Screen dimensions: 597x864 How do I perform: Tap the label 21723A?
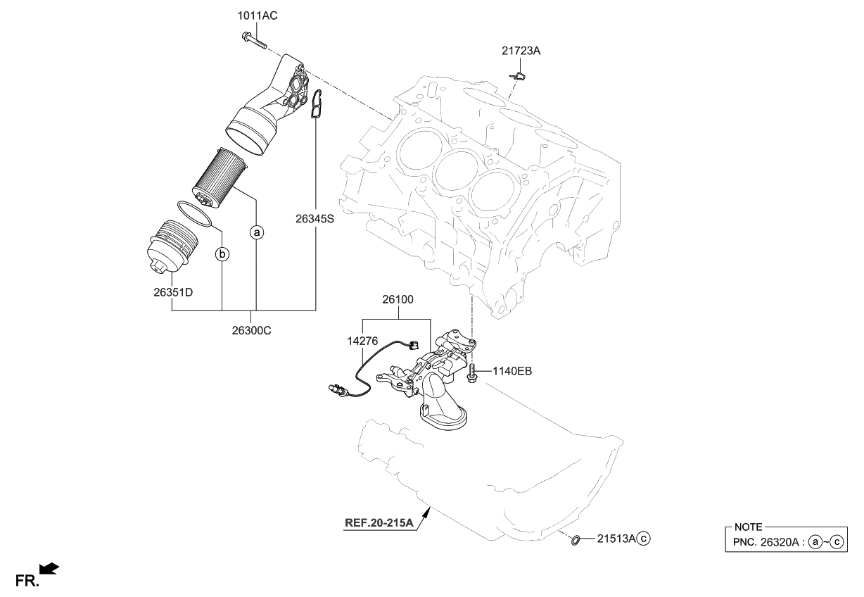521,51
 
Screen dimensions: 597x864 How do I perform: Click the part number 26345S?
315,219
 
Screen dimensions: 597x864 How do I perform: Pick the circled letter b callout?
222,253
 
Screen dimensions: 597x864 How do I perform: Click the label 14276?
362,340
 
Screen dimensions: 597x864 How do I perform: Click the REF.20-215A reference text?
379,523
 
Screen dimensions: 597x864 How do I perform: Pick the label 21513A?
616,539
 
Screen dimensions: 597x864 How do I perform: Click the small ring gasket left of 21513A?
575,540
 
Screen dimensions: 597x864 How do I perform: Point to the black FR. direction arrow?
50,567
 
